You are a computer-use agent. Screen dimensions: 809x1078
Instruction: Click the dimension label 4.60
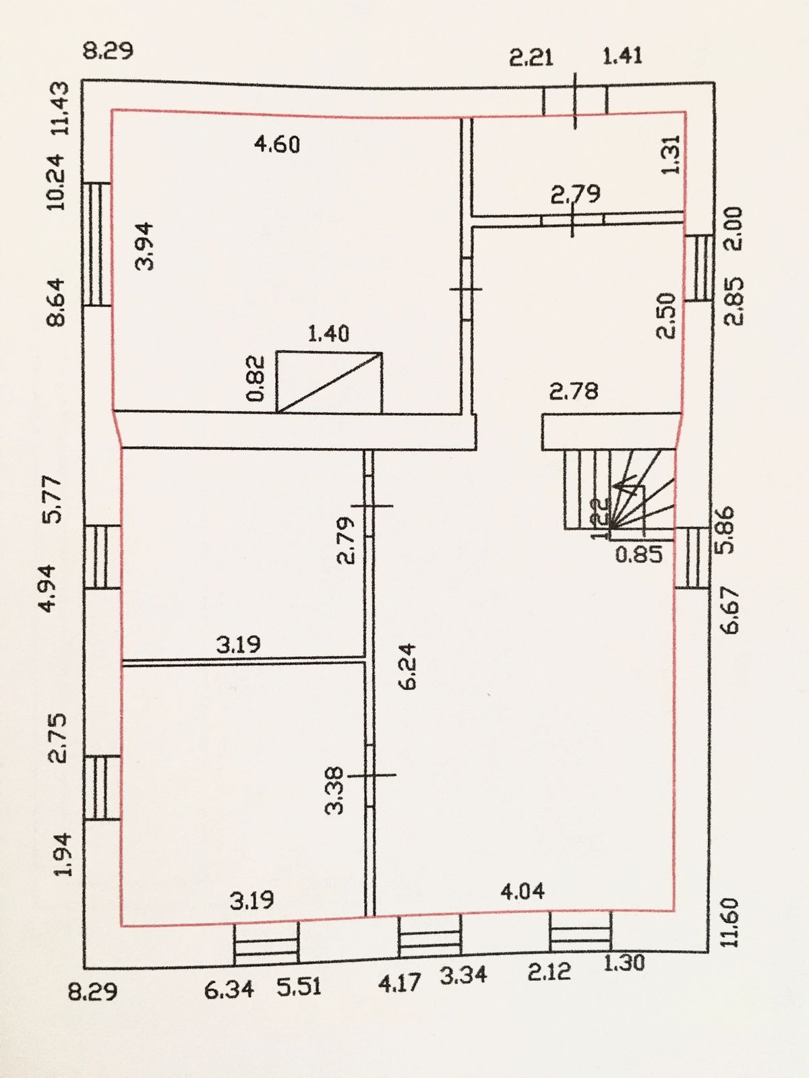[x=277, y=144]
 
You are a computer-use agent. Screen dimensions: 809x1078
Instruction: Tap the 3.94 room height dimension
[x=145, y=246]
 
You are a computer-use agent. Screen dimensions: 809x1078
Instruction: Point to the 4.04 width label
[x=522, y=891]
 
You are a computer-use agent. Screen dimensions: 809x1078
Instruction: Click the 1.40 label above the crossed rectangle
[x=328, y=333]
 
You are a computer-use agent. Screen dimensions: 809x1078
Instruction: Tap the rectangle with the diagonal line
[x=329, y=382]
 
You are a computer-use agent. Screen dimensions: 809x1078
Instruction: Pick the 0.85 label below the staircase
[x=639, y=554]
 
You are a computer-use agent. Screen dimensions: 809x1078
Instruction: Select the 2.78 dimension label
[x=574, y=391]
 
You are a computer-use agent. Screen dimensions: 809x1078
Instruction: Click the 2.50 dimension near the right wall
[x=665, y=315]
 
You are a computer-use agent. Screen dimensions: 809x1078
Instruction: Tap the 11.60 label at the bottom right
[x=731, y=922]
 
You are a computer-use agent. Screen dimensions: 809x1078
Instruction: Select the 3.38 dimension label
[x=335, y=790]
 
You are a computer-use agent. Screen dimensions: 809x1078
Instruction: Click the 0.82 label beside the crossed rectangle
[x=256, y=379]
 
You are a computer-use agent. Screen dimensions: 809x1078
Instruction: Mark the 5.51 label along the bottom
[x=299, y=987]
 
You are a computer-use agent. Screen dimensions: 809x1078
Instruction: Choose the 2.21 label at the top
[x=531, y=57]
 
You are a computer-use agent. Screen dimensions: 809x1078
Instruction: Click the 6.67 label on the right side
[x=731, y=610]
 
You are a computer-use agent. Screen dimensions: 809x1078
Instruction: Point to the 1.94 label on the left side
[x=63, y=854]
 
